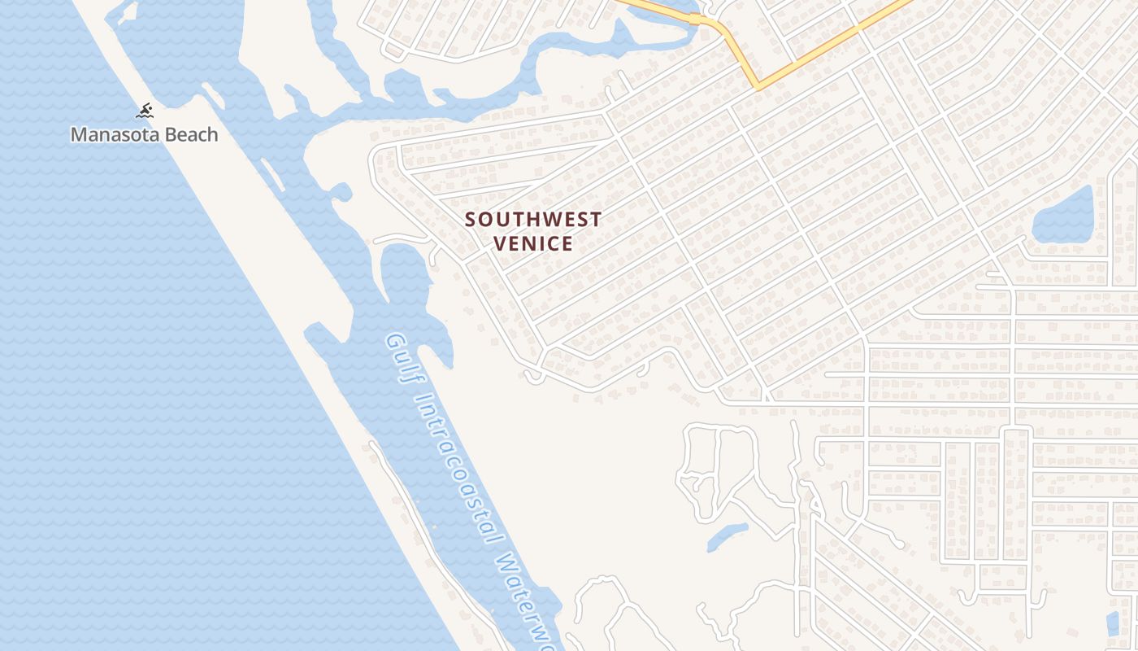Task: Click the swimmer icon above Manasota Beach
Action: tap(146, 111)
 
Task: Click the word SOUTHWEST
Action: tap(533, 220)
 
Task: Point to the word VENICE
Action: tap(533, 243)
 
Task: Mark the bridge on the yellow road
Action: tap(695, 19)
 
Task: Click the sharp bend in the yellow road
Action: tap(757, 85)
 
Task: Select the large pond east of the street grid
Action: tap(1062, 216)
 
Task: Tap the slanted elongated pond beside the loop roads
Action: tap(727, 537)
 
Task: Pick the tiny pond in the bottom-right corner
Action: tap(1113, 623)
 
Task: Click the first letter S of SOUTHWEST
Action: tap(470, 220)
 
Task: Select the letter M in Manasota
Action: tap(78, 134)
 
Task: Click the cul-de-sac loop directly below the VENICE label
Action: tap(534, 376)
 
